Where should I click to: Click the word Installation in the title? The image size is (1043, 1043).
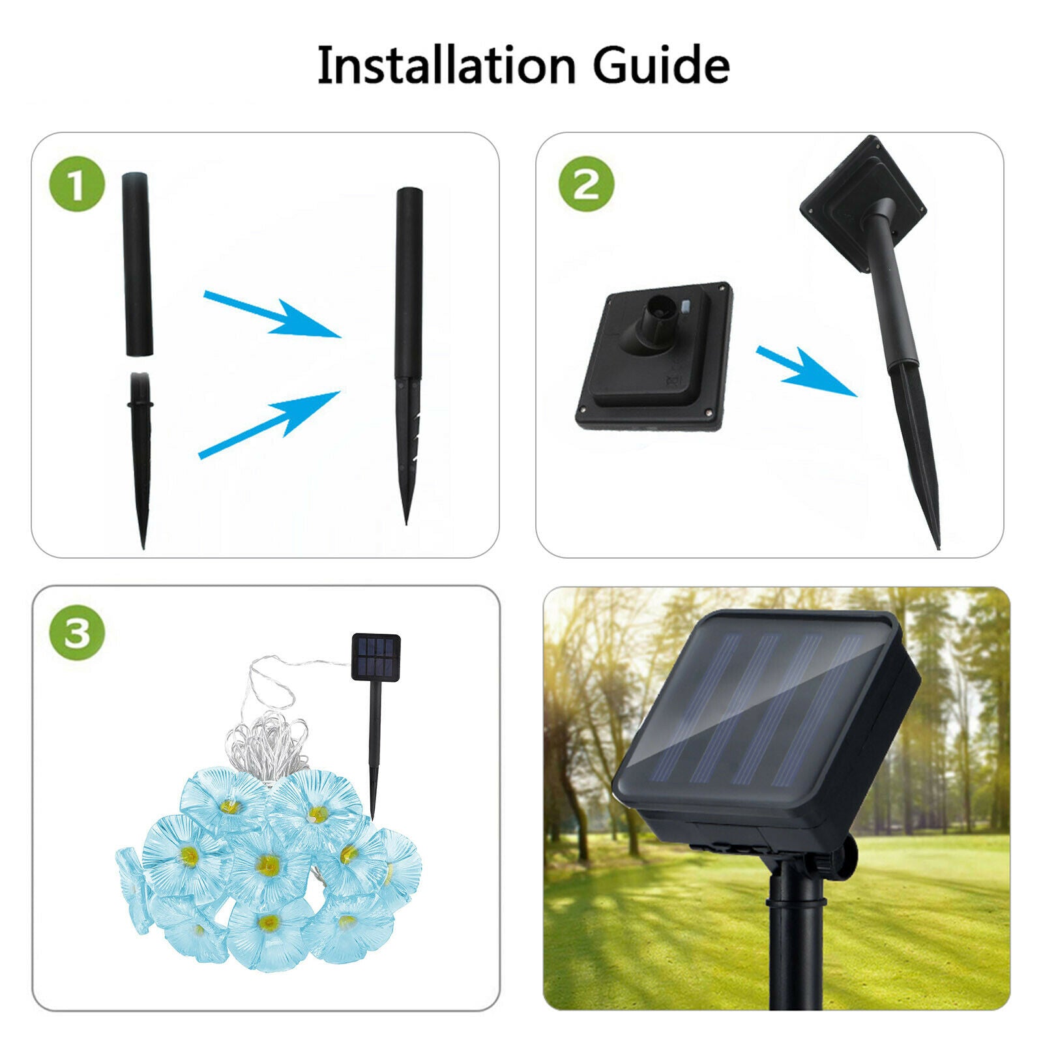[x=446, y=65]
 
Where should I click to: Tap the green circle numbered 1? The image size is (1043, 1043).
[x=77, y=184]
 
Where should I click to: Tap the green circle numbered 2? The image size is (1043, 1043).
[x=586, y=184]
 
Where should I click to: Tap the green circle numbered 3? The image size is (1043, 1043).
[x=77, y=632]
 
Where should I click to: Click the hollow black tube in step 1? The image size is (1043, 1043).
[x=137, y=264]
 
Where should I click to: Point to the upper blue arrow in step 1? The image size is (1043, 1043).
[x=274, y=314]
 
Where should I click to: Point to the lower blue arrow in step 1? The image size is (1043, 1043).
[x=271, y=424]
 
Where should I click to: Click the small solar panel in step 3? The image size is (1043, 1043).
[x=375, y=657]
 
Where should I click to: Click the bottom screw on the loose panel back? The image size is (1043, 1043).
[x=708, y=411]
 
